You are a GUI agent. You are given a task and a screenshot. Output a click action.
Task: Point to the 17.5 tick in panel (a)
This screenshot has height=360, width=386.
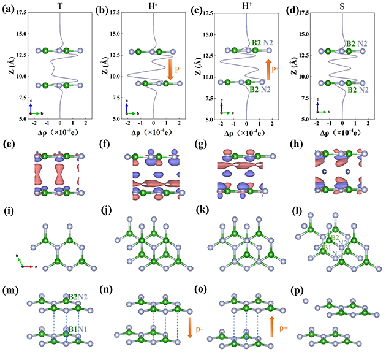point(25,12)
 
